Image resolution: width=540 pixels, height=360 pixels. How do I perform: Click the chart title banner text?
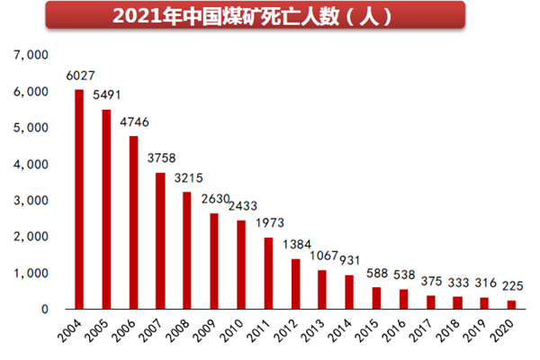(270, 17)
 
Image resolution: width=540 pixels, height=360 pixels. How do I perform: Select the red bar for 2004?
(79, 199)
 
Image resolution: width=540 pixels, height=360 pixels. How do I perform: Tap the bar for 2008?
(187, 250)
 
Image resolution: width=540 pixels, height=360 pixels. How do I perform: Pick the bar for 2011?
(267, 273)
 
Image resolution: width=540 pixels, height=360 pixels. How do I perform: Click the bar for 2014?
(348, 292)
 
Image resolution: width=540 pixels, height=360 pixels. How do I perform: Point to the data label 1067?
(322, 255)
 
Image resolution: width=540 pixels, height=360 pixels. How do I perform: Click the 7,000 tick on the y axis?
(31, 56)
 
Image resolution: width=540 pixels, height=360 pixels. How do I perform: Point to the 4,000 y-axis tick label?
(31, 165)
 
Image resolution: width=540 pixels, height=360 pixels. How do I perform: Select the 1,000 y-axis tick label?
(31, 273)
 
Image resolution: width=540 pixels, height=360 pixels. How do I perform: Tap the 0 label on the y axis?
(44, 310)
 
